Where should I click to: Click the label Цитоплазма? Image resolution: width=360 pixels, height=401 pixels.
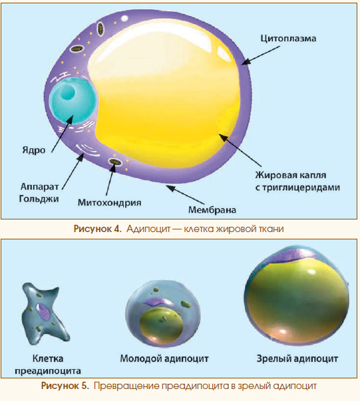click(x=288, y=39)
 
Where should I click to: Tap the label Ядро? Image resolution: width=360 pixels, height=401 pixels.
click(x=34, y=150)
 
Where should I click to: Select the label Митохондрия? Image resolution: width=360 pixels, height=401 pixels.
click(x=110, y=203)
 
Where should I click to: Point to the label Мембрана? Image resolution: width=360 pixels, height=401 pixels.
click(x=212, y=210)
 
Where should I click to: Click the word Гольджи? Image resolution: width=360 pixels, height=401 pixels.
click(x=39, y=199)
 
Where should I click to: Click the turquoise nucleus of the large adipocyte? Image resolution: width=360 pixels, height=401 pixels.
click(x=73, y=101)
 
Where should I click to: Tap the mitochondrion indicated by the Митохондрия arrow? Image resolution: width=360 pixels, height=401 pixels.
click(x=115, y=162)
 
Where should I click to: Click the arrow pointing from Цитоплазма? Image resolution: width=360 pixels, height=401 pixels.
click(x=260, y=55)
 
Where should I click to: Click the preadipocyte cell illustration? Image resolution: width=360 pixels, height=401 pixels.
click(x=45, y=314)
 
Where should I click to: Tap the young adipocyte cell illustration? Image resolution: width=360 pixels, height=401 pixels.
click(x=163, y=314)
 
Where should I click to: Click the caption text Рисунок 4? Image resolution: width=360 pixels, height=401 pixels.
click(x=97, y=229)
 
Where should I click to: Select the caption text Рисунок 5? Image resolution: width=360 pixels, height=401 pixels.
click(x=65, y=386)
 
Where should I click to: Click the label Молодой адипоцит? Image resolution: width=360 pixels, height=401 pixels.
click(x=164, y=358)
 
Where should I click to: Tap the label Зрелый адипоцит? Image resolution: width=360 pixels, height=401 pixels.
click(x=297, y=358)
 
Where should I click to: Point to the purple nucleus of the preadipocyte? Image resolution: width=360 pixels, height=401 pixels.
click(x=43, y=311)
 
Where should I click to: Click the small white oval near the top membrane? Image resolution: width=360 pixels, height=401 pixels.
click(x=124, y=19)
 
